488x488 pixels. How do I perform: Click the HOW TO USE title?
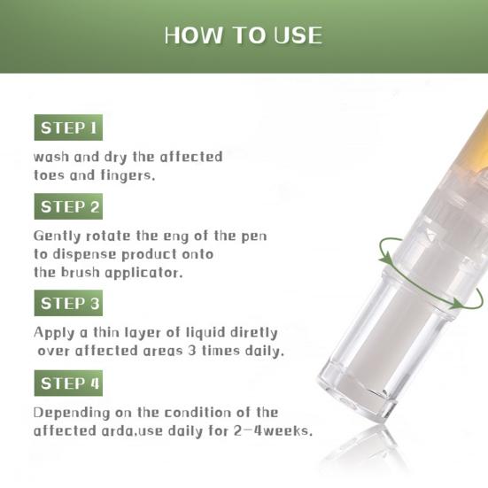pyautogui.click(x=244, y=35)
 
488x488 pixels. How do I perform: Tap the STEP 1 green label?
pyautogui.click(x=67, y=128)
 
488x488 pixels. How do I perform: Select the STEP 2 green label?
pyautogui.click(x=69, y=207)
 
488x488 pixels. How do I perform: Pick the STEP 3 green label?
pyautogui.click(x=69, y=304)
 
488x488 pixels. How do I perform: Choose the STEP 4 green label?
pyautogui.click(x=69, y=384)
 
